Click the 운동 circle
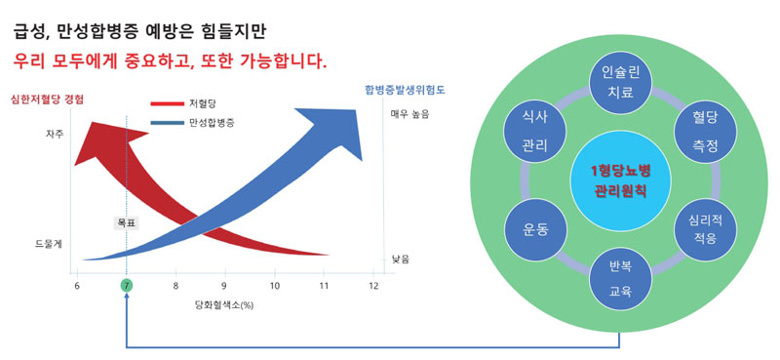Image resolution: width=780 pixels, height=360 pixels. coord(534,229)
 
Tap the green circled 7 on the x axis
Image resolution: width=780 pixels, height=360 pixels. coord(126,286)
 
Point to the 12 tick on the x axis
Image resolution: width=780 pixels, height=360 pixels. coord(373,286)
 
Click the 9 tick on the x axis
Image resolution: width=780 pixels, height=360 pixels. coord(225,286)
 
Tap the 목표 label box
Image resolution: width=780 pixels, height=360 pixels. coord(126,223)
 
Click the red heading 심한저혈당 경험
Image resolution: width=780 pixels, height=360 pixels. coord(46,98)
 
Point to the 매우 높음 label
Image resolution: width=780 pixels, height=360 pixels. coord(409,114)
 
